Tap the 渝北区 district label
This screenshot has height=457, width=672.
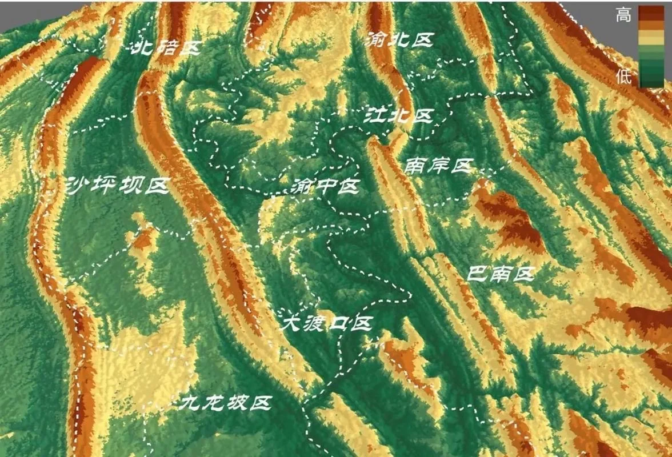399,40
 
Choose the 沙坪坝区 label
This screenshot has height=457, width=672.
118,186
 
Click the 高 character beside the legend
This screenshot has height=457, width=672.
623,15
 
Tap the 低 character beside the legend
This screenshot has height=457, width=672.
623,77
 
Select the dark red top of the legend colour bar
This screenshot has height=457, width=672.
651,13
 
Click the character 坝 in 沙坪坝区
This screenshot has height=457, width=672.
133,186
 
